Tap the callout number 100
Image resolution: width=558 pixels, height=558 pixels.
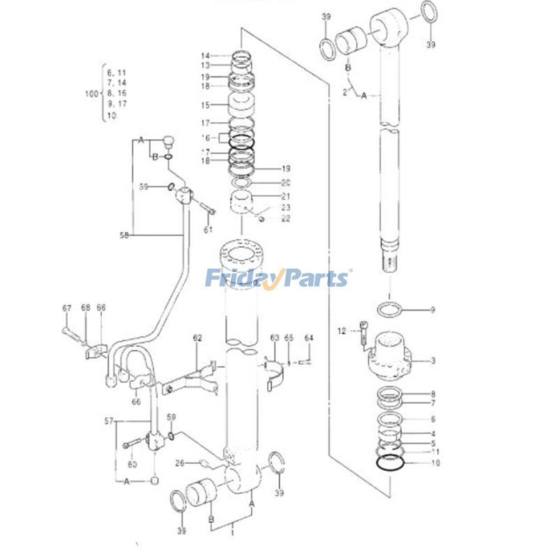91,93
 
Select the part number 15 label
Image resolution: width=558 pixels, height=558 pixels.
206,105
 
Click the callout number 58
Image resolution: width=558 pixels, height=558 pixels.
125,235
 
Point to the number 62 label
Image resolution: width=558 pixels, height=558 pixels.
197,338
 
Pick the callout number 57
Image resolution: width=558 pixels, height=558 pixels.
109,422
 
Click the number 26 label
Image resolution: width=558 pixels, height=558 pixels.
179,462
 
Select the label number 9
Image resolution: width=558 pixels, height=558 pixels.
432,310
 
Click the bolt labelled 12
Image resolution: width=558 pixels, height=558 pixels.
365,331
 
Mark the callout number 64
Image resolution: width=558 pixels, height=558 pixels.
309,338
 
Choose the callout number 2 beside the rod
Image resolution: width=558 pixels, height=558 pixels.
345,91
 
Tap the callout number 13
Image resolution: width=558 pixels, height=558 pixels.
206,65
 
